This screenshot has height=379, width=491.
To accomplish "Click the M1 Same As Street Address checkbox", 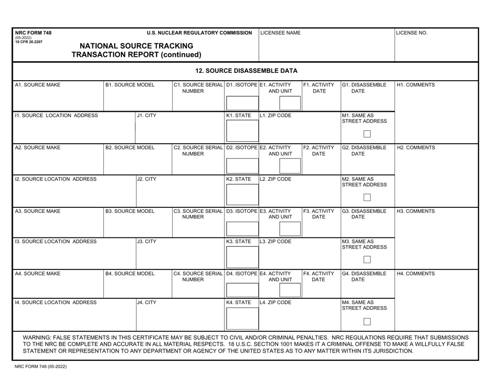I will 367,134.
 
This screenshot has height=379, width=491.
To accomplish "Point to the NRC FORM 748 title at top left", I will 34,33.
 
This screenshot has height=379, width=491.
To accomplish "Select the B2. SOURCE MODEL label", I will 130,147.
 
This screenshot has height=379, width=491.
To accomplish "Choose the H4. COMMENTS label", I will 416,273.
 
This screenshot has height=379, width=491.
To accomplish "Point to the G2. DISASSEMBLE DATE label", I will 364,150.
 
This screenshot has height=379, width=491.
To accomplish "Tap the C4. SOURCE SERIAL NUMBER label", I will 198,276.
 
